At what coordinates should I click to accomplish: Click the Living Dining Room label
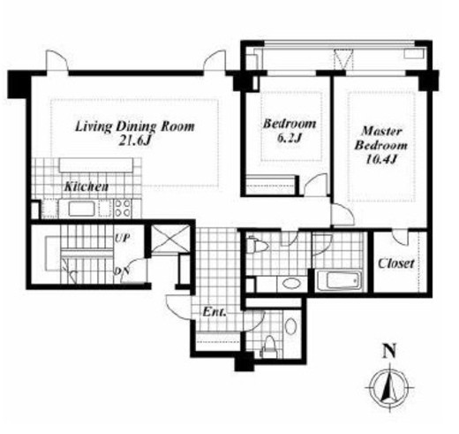[x=135, y=126]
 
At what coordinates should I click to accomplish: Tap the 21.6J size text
[x=134, y=141]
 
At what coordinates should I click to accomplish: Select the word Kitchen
[x=87, y=187]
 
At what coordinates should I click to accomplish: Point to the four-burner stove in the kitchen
[x=123, y=209]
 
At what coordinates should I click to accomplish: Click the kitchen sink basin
[x=81, y=209]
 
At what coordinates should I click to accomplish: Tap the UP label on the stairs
[x=122, y=238]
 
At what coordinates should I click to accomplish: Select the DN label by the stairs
[x=122, y=271]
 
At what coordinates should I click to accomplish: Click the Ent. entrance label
[x=214, y=312]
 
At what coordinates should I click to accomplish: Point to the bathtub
[x=341, y=281]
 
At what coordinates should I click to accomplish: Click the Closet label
[x=396, y=263]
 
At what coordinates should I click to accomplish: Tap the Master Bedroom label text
[x=381, y=138]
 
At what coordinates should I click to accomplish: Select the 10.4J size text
[x=381, y=159]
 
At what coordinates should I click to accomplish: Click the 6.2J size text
[x=290, y=138]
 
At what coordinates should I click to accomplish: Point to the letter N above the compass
[x=389, y=351]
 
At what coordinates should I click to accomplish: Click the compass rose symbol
[x=389, y=387]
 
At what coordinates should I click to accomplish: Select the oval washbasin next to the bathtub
[x=291, y=284]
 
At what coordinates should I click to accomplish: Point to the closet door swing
[x=401, y=238]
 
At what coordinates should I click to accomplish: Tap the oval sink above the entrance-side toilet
[x=291, y=326]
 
